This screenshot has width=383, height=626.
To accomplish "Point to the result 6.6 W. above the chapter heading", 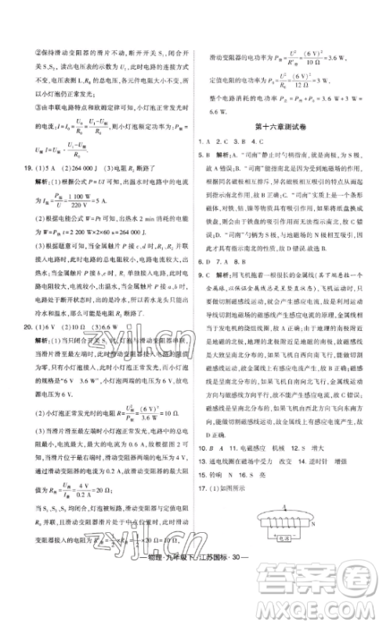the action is pos(218,112).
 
